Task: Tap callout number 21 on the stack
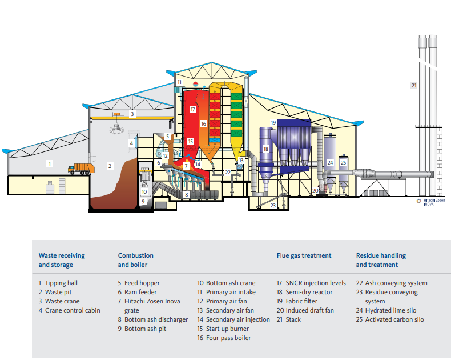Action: click(x=414, y=86)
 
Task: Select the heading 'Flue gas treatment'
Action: click(x=304, y=256)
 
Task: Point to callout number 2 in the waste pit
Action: click(x=110, y=166)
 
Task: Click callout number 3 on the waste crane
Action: click(x=132, y=114)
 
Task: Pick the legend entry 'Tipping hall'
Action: click(x=58, y=283)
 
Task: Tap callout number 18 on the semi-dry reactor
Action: click(x=265, y=149)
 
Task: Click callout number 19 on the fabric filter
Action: click(x=273, y=122)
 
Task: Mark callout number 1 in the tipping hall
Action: click(x=50, y=164)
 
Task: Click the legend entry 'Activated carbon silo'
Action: click(x=394, y=319)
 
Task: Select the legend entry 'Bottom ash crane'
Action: click(x=227, y=283)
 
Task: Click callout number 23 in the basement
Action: click(x=273, y=205)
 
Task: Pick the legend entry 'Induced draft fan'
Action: click(x=305, y=310)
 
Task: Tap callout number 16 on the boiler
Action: click(x=203, y=123)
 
